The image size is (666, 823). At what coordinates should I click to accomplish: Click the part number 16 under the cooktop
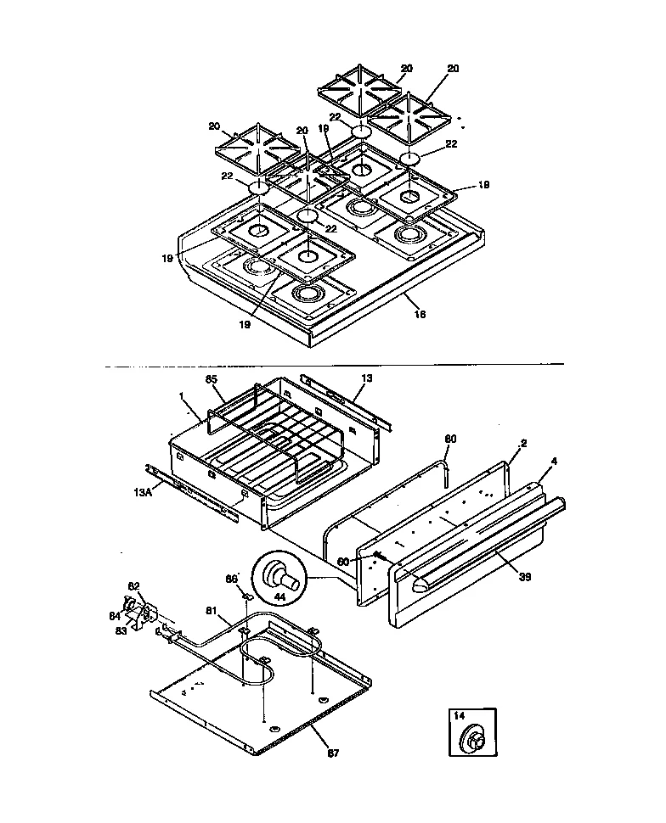pos(419,315)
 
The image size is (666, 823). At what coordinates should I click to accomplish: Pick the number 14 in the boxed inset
pos(460,716)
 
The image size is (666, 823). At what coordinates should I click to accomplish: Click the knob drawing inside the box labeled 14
pos(473,738)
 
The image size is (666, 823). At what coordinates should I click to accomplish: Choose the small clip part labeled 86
pos(246,596)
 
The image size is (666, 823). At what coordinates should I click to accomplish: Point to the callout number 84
pos(115,616)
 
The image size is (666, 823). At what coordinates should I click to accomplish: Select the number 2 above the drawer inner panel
pos(524,445)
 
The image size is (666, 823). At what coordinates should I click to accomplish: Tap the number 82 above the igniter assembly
pos(133,586)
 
